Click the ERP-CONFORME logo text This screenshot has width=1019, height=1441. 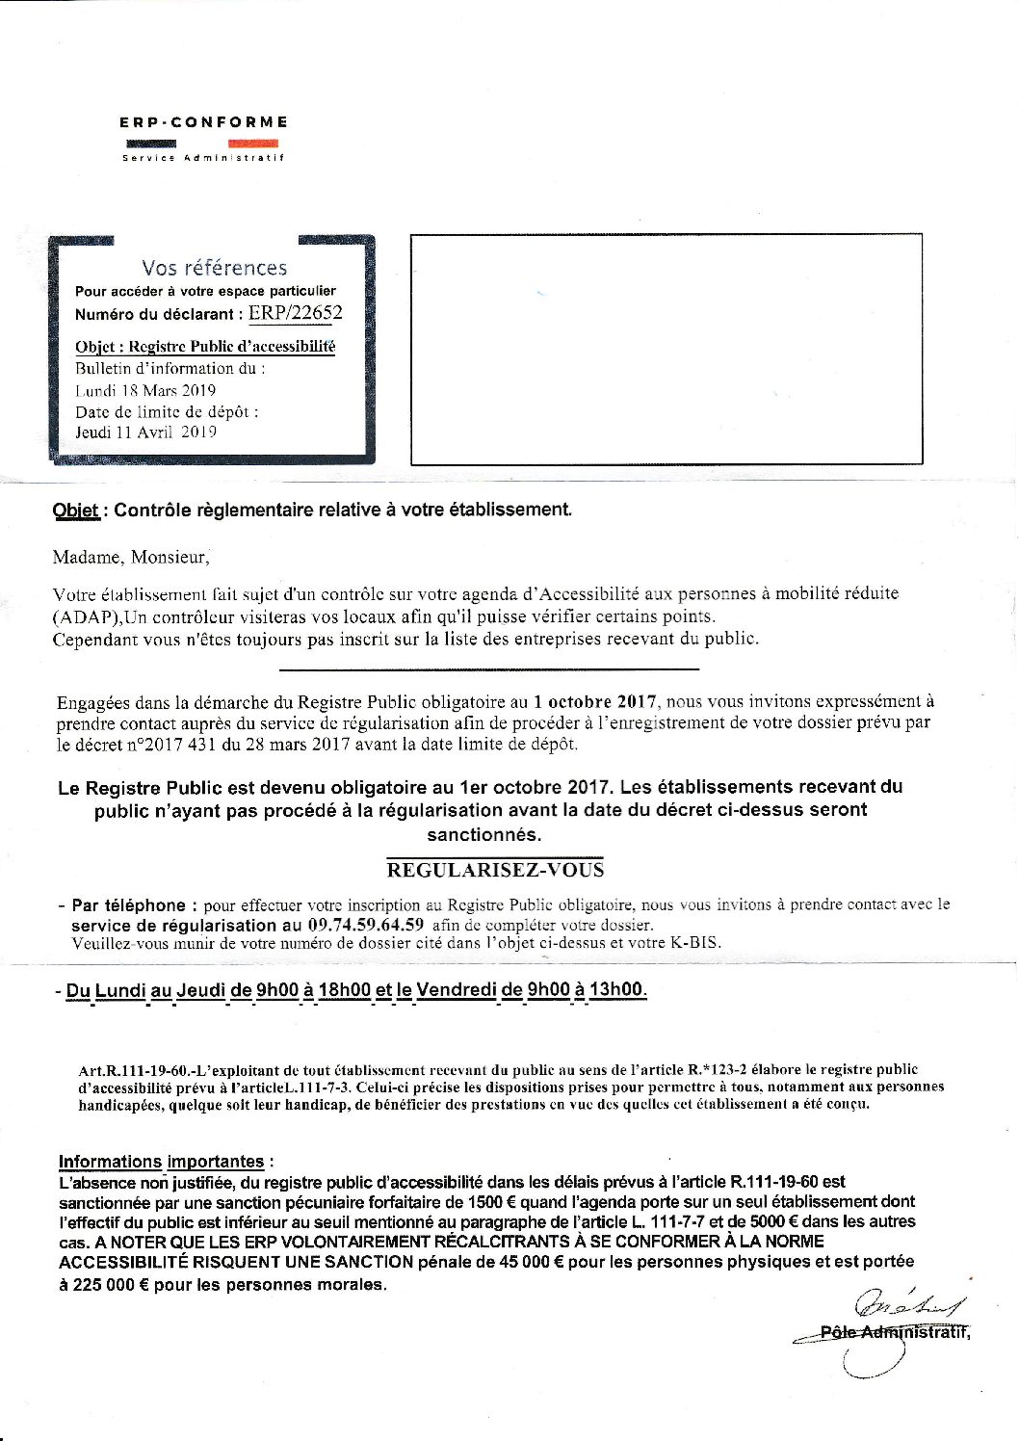pyautogui.click(x=203, y=122)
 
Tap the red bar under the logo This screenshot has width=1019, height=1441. pyautogui.click(x=253, y=144)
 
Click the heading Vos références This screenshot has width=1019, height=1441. pyautogui.click(x=214, y=268)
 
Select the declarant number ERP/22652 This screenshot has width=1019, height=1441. pyautogui.click(x=295, y=313)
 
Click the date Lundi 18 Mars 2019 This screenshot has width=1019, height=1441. pyautogui.click(x=145, y=390)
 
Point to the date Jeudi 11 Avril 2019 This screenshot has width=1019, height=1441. pyautogui.click(x=145, y=432)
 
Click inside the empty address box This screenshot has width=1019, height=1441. pyautogui.click(x=666, y=349)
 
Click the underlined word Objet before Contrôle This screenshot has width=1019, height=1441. pyautogui.click(x=75, y=511)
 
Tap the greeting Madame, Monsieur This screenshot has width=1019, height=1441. pyautogui.click(x=130, y=557)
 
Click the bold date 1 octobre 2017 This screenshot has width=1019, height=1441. pyautogui.click(x=594, y=701)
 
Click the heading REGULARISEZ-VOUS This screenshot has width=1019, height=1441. pyautogui.click(x=495, y=870)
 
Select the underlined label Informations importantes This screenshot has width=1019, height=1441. pyautogui.click(x=161, y=1162)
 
